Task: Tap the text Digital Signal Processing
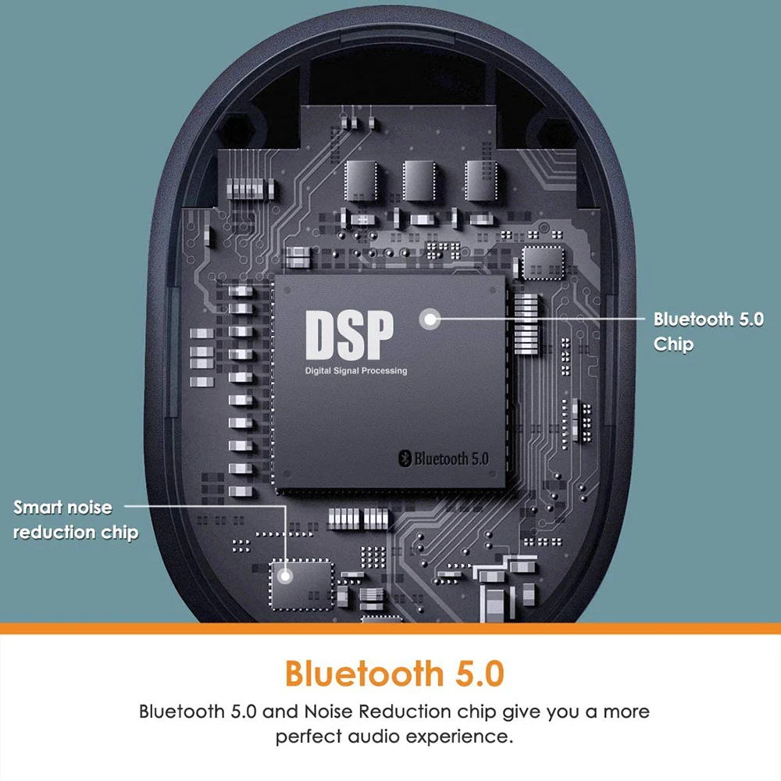point(356,370)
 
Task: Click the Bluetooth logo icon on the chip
point(405,458)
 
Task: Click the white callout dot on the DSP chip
point(429,319)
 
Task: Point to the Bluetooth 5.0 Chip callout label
point(708,331)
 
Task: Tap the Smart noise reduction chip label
point(76,520)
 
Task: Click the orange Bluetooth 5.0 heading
point(394,672)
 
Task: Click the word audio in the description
point(380,736)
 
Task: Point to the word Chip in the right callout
point(673,344)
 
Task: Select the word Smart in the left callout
point(38,508)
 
